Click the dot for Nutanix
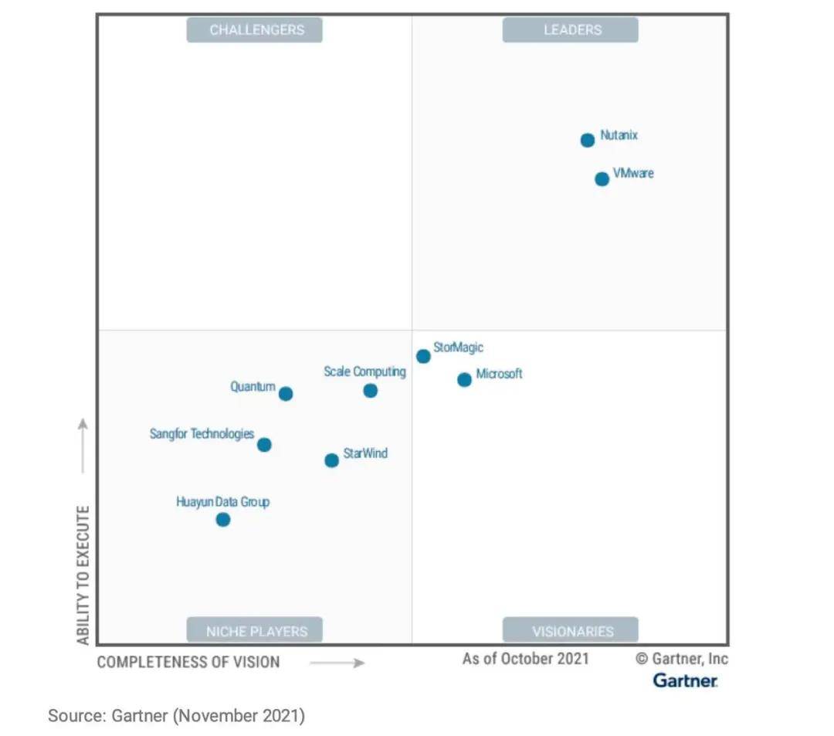(x=588, y=140)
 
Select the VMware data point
(x=602, y=179)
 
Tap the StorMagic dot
(x=423, y=356)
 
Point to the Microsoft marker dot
(x=464, y=380)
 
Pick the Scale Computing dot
(x=371, y=391)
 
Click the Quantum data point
(x=286, y=394)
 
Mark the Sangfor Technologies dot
(x=264, y=445)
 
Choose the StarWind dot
(x=331, y=460)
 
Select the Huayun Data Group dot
(x=223, y=520)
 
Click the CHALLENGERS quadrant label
(x=255, y=30)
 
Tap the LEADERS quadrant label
(x=571, y=30)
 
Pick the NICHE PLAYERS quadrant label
(x=255, y=631)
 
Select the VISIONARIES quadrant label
(x=571, y=631)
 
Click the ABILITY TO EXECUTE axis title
(x=83, y=575)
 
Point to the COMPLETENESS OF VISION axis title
(x=188, y=662)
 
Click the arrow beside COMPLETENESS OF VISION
(x=337, y=663)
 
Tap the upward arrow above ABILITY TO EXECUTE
(x=83, y=446)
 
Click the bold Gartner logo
(x=685, y=680)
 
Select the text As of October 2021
(x=525, y=659)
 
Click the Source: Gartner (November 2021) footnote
(x=177, y=716)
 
